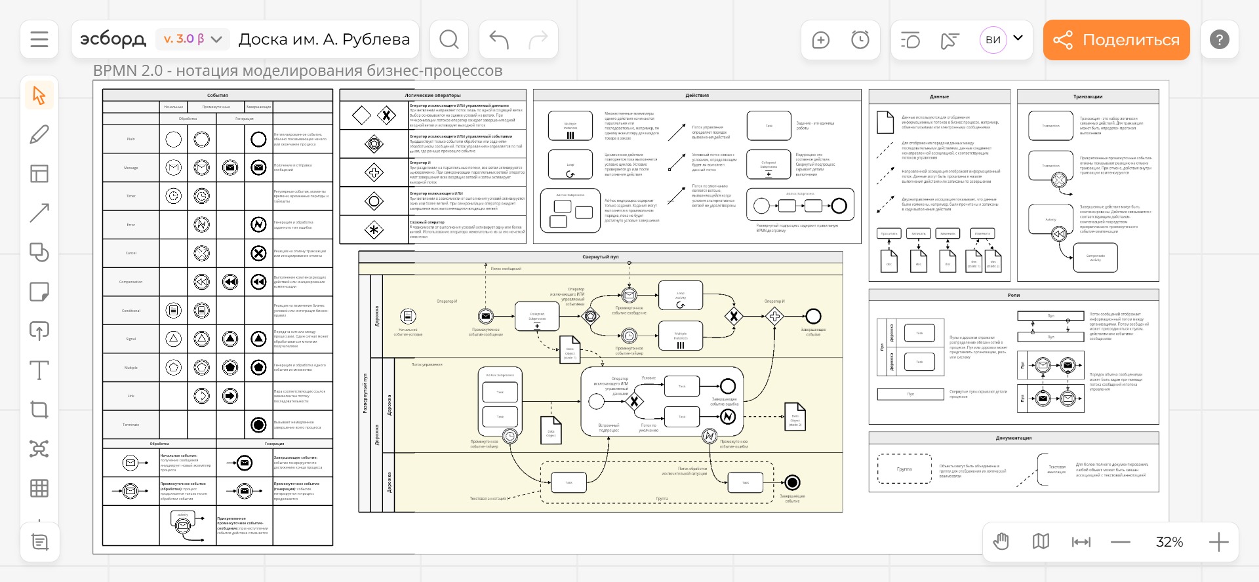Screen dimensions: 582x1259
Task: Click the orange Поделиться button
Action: (x=1116, y=40)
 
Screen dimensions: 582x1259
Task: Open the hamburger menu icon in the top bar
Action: (x=39, y=39)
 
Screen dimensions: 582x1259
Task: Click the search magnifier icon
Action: (x=449, y=39)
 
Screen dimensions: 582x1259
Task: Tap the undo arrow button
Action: (x=499, y=39)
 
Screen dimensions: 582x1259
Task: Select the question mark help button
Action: (x=1219, y=39)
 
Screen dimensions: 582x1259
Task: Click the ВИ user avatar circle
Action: (x=993, y=40)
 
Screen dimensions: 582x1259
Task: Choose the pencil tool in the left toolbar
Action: (x=39, y=134)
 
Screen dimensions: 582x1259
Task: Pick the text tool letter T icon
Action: (x=39, y=370)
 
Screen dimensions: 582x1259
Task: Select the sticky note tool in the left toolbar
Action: (x=39, y=292)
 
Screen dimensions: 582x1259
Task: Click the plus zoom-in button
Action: (x=1218, y=542)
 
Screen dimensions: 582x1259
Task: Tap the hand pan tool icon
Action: (x=1001, y=542)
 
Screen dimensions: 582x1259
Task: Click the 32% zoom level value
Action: (x=1169, y=542)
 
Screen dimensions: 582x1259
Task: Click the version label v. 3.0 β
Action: (x=184, y=39)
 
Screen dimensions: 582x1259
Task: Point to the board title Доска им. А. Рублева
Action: (x=324, y=39)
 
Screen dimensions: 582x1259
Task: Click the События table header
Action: (x=218, y=95)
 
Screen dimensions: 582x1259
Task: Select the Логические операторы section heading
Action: (x=433, y=95)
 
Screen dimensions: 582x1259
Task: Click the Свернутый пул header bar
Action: (x=600, y=257)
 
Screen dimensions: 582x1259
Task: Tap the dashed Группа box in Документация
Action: (x=904, y=469)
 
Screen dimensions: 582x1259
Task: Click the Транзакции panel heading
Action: (x=1088, y=96)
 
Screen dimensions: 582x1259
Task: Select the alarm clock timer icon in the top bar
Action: (x=860, y=40)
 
